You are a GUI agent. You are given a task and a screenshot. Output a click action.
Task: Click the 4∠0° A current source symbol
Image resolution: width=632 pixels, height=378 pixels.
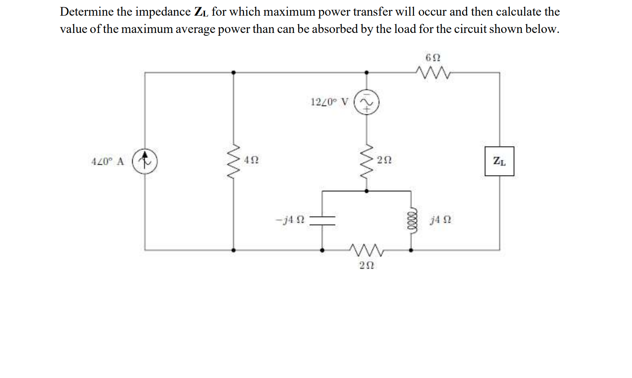coord(145,161)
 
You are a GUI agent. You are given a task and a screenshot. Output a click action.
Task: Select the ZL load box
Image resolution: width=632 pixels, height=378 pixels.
coord(499,161)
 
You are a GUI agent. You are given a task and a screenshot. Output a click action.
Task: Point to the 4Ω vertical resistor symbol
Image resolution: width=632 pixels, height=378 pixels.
coord(234,161)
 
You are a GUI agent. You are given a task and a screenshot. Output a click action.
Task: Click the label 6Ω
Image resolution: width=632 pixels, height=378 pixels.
coord(433,57)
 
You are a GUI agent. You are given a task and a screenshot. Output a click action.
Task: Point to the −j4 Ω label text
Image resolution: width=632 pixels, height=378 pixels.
coord(290,220)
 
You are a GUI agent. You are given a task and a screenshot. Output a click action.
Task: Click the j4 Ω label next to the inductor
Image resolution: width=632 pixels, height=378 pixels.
coord(440,220)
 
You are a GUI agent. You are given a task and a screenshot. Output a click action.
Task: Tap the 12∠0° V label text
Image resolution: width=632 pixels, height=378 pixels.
coord(329,102)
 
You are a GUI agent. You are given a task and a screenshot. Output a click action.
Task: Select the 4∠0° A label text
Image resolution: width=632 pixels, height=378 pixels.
coord(108,161)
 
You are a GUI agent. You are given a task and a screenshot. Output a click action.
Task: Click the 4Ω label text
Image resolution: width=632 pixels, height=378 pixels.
coord(251,160)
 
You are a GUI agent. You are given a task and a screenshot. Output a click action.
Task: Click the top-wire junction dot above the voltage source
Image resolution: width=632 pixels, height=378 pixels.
coord(366,73)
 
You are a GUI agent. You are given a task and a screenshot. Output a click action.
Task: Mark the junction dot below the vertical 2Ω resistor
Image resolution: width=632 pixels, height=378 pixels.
coord(366,191)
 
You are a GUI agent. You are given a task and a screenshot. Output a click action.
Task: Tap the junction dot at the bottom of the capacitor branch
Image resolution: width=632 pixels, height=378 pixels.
coord(322,250)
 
